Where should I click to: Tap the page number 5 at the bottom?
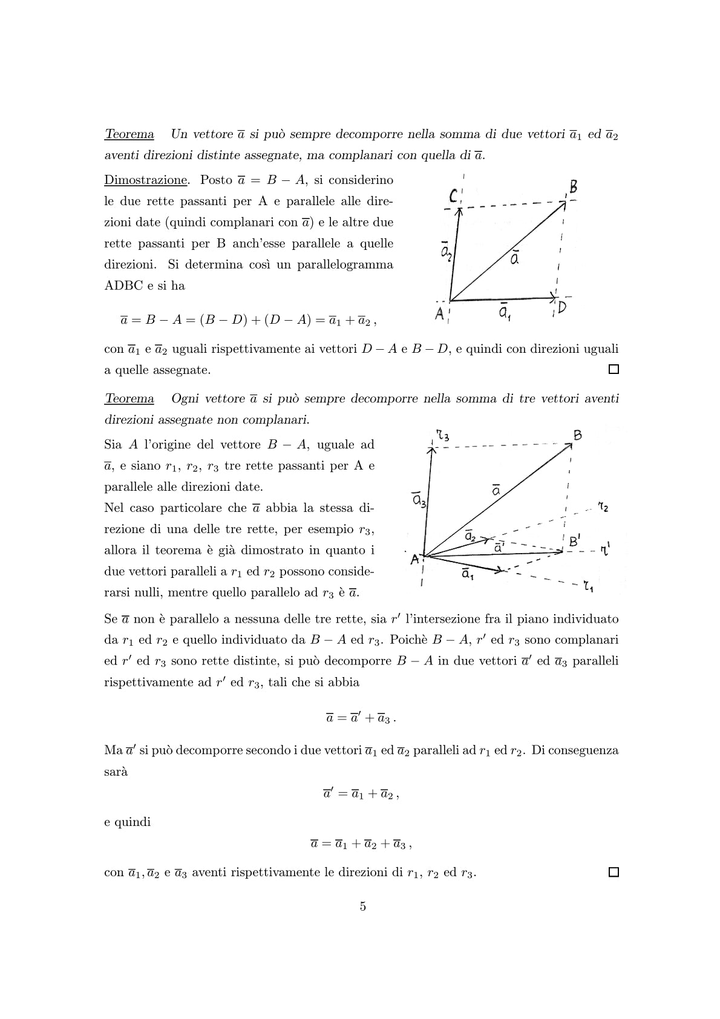363,906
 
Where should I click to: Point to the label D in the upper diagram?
562,309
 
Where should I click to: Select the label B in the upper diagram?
572,186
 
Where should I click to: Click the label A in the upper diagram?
440,315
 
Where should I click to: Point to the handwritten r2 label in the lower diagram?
603,507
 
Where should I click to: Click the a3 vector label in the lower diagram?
419,500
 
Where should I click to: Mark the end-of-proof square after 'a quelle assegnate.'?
614,369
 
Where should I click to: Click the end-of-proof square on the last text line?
614,872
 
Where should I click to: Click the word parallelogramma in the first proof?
352,265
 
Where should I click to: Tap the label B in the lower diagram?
578,435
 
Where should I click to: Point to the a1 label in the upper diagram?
504,313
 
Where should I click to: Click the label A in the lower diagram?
415,560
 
